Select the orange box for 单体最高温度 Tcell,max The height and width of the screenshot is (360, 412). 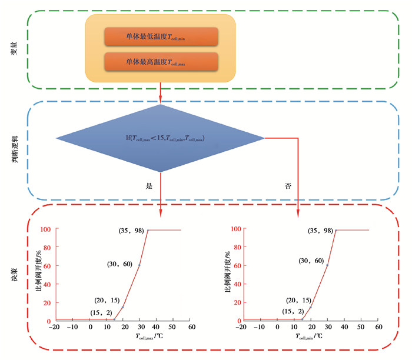[x=161, y=62]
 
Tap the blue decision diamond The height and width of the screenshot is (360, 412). [x=161, y=138]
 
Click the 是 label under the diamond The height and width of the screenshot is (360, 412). [x=149, y=185]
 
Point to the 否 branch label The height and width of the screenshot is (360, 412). [x=288, y=185]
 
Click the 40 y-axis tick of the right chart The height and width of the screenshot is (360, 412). [x=234, y=284]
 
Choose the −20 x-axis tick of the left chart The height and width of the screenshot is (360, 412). [x=54, y=327]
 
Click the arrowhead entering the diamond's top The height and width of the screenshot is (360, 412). [x=161, y=101]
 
